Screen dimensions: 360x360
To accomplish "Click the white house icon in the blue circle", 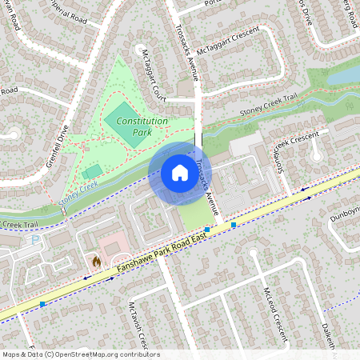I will (179, 173).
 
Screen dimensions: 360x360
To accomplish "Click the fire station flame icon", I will (96, 261).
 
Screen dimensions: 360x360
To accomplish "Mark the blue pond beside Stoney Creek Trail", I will (343, 74).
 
